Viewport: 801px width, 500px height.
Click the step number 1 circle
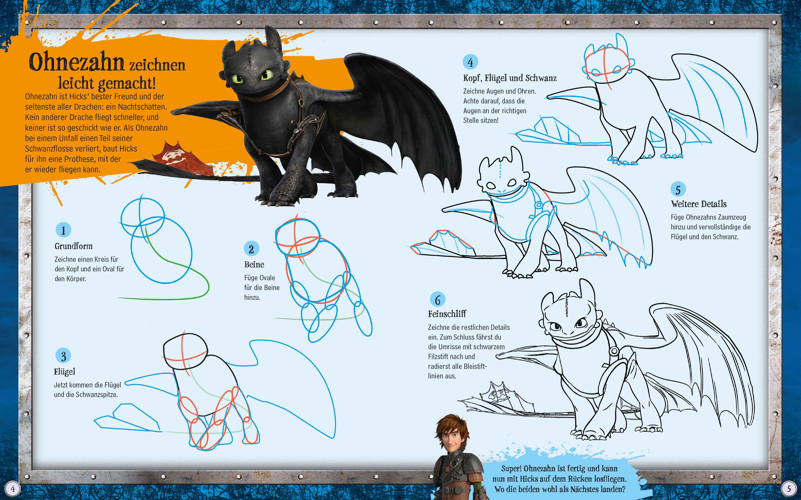pos(63,230)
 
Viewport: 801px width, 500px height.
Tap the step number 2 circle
pos(251,249)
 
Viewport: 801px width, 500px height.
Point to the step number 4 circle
pos(470,62)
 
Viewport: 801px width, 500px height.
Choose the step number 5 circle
pos(678,189)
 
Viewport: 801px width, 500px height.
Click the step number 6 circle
pos(438,300)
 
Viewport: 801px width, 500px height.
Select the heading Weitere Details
pos(699,204)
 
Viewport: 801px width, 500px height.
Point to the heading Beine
pos(254,265)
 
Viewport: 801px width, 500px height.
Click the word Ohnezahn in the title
pos(76,62)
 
